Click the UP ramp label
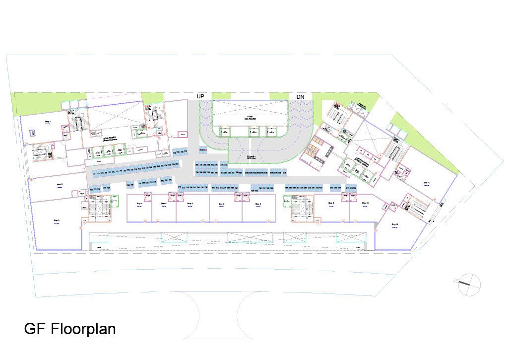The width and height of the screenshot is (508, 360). (x=200, y=96)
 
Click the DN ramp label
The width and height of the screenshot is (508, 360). (x=301, y=96)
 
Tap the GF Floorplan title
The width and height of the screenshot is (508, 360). (x=70, y=329)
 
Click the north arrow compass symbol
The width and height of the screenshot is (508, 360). (x=469, y=284)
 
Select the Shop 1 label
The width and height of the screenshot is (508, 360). (x=49, y=121)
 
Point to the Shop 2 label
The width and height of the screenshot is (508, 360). (x=59, y=184)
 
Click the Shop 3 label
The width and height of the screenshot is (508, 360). (x=57, y=220)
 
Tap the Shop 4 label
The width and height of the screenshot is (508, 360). (x=139, y=204)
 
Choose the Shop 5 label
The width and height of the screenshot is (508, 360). (x=163, y=204)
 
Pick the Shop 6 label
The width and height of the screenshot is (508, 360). (x=190, y=204)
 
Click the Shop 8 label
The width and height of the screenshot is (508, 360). (x=258, y=204)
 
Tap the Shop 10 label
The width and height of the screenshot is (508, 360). (x=365, y=204)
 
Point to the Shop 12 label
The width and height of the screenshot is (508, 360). (x=427, y=183)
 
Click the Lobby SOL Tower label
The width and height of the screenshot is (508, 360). (x=250, y=118)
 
